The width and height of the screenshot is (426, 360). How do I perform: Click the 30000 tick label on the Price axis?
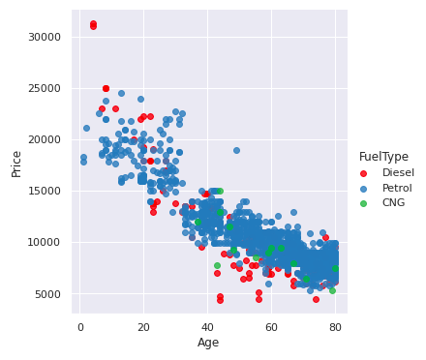coord(45,37)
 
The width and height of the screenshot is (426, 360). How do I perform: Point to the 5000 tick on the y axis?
coord(47,294)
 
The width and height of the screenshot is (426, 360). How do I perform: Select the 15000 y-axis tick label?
coord(45,192)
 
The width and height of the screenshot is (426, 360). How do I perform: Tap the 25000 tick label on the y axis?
coord(45,88)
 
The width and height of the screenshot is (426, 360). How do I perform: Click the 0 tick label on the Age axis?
coord(80,327)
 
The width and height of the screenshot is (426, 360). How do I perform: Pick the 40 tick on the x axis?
coord(208,327)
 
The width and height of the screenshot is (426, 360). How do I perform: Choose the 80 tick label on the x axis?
coord(335,327)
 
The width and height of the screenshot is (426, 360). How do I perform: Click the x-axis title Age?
coord(208,343)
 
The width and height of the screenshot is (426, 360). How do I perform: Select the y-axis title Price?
coord(16,163)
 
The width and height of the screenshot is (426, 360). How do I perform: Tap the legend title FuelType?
coord(383,157)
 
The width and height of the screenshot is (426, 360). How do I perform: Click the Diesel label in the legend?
coord(398,172)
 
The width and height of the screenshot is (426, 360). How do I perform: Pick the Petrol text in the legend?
coord(398,188)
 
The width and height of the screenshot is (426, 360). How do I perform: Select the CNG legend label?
coord(394,203)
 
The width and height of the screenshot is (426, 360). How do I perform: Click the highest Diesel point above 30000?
coord(93,23)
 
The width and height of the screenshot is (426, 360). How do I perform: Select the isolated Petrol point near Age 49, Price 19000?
coord(236,150)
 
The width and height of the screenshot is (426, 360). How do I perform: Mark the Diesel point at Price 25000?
coord(106,88)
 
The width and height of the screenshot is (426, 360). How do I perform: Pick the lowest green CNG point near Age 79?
coord(332,290)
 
